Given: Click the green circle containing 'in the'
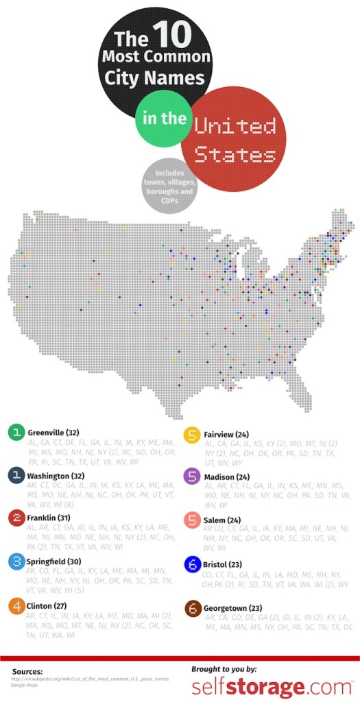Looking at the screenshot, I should pos(164,119).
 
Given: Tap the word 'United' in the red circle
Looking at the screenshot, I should pos(235,127).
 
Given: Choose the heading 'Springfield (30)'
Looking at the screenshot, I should pos(54,560).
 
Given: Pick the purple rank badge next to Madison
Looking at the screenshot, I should pos(192,476).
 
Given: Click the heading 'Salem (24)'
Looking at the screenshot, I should pos(220,519).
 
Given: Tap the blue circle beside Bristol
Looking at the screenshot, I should pos(192,564).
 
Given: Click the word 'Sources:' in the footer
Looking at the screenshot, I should pos(28,671).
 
